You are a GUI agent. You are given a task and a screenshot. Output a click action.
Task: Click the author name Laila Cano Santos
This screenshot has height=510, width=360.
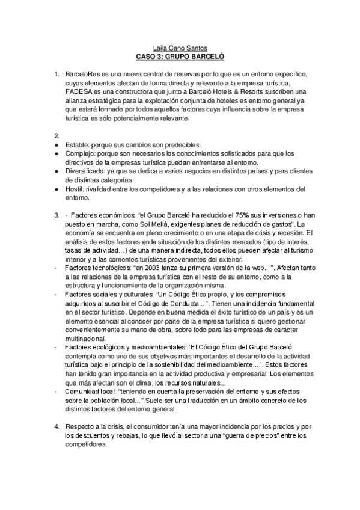[x=180, y=45]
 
